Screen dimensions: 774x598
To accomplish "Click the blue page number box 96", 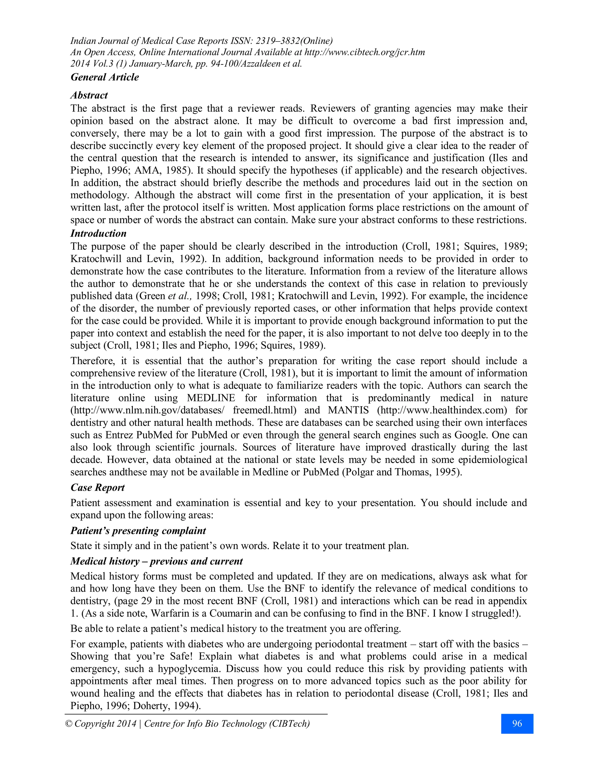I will pyautogui.click(x=517, y=723).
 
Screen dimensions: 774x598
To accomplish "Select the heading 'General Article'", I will pyautogui.click(x=105, y=77).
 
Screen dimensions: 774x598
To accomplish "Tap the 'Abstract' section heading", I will pyautogui.click(x=89, y=95).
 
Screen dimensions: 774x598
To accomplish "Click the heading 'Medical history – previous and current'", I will pyautogui.click(x=156, y=561).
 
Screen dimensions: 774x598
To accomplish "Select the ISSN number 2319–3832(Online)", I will pyautogui.click(x=294, y=41).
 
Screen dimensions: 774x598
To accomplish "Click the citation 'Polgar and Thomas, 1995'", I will pyautogui.click(x=401, y=472).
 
